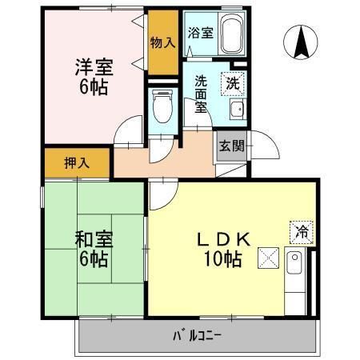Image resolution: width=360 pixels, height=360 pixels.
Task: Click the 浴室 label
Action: click(x=200, y=34)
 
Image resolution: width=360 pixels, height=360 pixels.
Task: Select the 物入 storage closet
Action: click(x=162, y=42)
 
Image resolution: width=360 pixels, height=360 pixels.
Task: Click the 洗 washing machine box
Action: click(x=233, y=81)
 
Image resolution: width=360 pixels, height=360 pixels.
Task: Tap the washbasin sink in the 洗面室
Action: click(x=236, y=110)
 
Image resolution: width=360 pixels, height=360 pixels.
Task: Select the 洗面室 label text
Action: click(x=200, y=94)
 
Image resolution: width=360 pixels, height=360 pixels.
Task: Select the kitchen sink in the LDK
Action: click(x=294, y=262)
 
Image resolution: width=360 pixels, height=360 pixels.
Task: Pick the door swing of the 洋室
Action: click(x=126, y=134)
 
